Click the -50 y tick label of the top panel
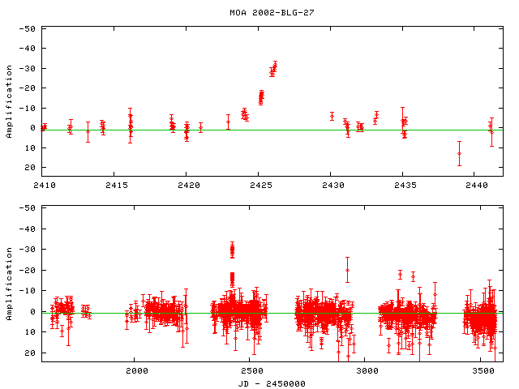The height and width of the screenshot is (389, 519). [x=28, y=28]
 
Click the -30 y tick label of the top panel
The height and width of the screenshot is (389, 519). [x=28, y=68]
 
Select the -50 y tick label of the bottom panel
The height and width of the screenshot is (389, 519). [x=28, y=208]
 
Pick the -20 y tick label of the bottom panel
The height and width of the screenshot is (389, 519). [x=28, y=271]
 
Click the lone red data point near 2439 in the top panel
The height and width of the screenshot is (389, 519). [x=459, y=153]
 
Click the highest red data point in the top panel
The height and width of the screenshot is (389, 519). [x=276, y=64]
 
